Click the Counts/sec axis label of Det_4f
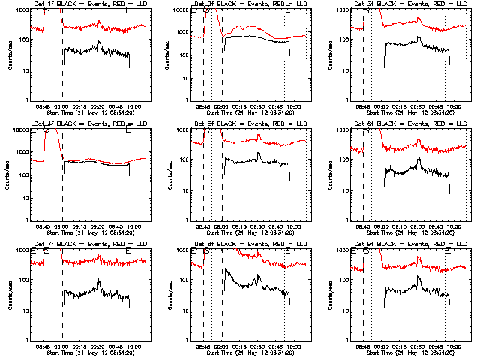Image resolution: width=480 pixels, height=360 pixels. click(9, 175)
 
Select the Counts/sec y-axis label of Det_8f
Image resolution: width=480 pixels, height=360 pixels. click(169, 295)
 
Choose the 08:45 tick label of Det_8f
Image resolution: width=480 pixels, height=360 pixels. click(203, 346)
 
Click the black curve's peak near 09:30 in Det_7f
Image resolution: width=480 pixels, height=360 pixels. click(98, 279)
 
